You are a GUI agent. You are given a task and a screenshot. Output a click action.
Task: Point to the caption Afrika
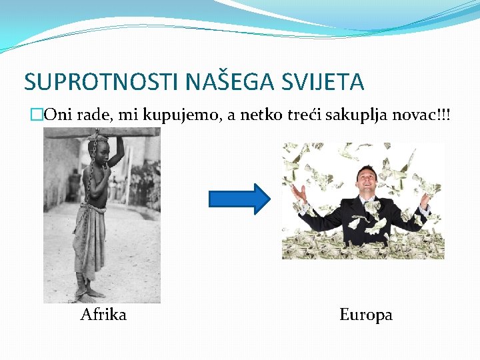tap(103, 314)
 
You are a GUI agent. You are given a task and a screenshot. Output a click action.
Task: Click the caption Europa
tap(366, 315)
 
